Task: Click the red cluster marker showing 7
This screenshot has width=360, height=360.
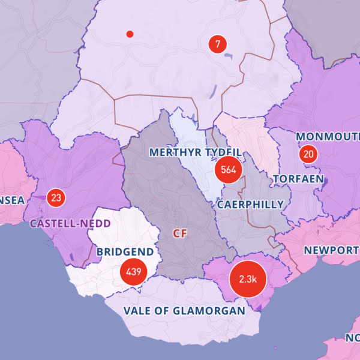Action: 217,44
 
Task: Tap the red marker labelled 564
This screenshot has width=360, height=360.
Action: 228,170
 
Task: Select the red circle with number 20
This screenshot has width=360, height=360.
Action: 308,154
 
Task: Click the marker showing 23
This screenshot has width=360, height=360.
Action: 56,197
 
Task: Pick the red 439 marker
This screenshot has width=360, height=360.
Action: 133,272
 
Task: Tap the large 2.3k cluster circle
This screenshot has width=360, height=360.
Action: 247,279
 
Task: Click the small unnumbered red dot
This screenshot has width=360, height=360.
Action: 130,34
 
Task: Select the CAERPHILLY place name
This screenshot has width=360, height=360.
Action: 250,205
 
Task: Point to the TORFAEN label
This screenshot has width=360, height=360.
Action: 298,179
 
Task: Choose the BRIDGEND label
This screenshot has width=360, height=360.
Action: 125,252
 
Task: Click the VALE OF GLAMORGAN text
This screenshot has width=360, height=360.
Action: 184,311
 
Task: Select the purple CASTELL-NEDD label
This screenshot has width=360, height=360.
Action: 70,223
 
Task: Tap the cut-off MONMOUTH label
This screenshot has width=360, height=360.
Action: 328,137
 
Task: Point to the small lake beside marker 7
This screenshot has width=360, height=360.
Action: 229,56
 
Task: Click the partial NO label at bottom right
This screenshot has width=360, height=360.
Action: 353,337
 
